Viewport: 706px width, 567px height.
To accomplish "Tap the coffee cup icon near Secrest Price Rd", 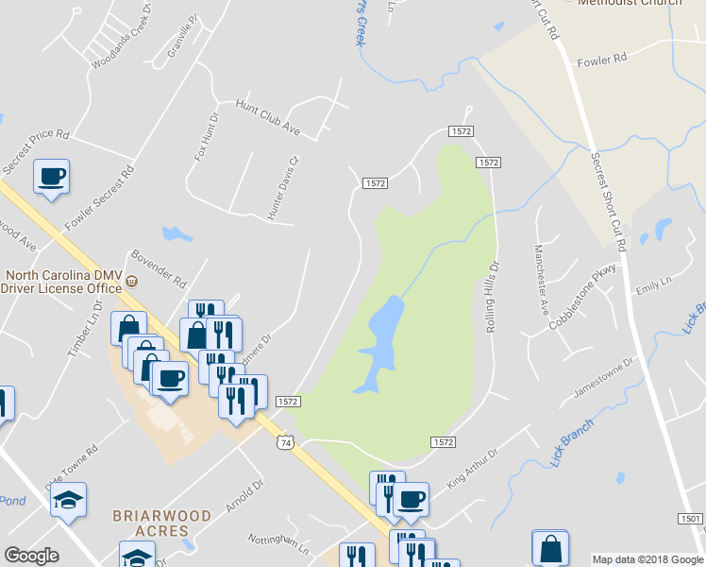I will click(x=51, y=176).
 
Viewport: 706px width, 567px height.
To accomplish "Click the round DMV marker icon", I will click(x=133, y=281).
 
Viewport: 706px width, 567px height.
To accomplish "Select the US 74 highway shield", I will click(x=286, y=442).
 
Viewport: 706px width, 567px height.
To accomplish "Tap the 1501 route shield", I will click(x=689, y=519).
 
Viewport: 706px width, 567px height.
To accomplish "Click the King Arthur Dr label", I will click(x=472, y=469).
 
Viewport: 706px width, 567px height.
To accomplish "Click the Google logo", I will click(x=31, y=556).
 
